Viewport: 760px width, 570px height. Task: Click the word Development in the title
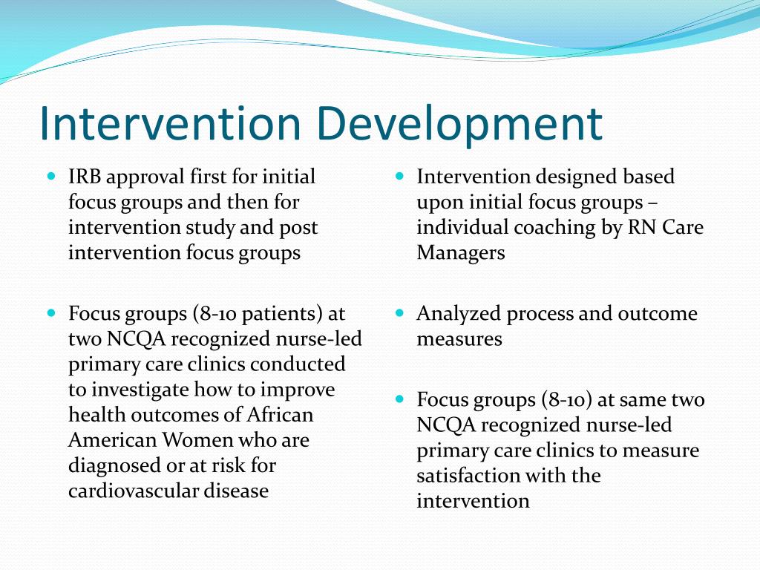pyautogui.click(x=460, y=124)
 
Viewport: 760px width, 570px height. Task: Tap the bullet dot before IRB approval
pyautogui.click(x=51, y=177)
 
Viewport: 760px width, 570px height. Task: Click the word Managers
pyautogui.click(x=460, y=252)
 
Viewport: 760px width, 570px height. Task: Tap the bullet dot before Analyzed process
pyautogui.click(x=399, y=313)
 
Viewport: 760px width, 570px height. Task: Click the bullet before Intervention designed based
pyautogui.click(x=399, y=177)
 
